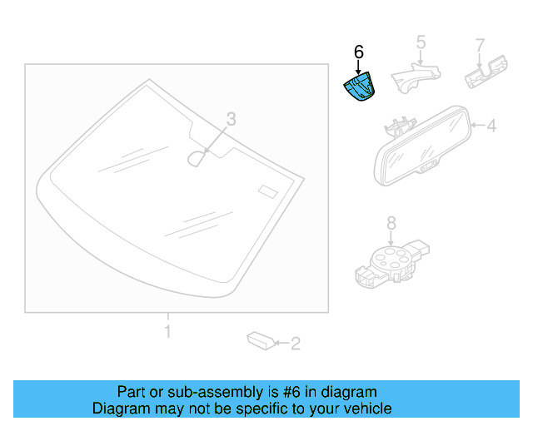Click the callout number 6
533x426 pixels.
pos(359,52)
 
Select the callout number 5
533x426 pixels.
pos(421,42)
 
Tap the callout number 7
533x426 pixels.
pos(480,43)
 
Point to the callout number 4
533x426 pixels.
pos(491,126)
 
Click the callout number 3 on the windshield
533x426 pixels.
pos(232,120)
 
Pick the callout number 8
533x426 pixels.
pos(391,222)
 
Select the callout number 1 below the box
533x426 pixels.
pos(167,332)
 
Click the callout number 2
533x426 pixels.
pos(294,342)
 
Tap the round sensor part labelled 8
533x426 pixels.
pos(388,256)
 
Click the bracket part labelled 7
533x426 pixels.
pos(487,72)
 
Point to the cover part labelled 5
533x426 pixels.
pos(413,77)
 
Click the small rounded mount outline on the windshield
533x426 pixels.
pos(198,157)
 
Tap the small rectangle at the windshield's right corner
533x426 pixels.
pos(266,191)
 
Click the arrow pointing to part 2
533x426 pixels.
pos(281,342)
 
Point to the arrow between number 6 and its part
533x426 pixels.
pos(359,67)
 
